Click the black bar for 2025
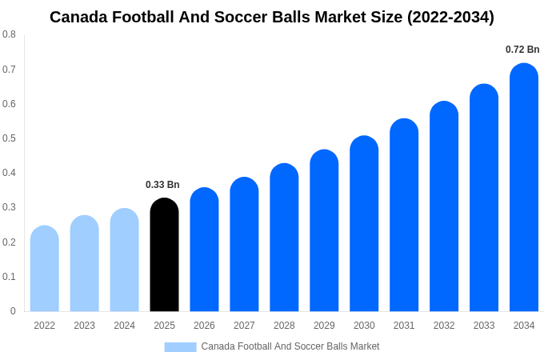click(164, 256)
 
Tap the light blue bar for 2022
click(45, 270)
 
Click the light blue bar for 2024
click(124, 261)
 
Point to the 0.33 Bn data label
click(162, 185)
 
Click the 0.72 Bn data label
click(522, 50)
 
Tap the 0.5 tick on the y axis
click(9, 138)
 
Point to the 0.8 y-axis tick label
click(9, 34)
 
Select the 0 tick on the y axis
click(13, 311)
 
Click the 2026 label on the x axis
click(204, 326)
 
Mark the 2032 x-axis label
click(444, 326)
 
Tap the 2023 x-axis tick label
click(84, 326)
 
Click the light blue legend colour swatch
click(180, 347)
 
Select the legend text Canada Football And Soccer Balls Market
click(290, 346)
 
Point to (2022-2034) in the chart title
click(450, 17)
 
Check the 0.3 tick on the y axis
click(9, 207)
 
